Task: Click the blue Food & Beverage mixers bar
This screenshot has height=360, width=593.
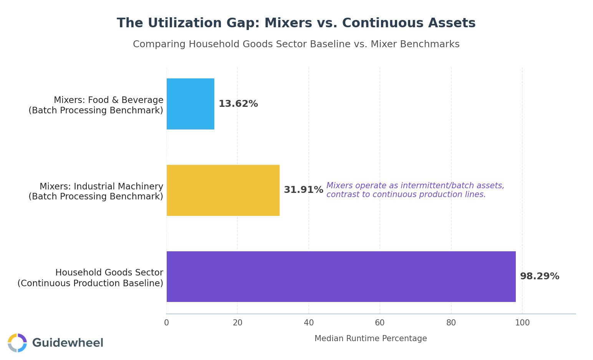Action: (x=190, y=104)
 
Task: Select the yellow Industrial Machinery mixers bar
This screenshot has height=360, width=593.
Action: (x=223, y=190)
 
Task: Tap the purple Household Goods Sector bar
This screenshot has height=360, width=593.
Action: (x=341, y=277)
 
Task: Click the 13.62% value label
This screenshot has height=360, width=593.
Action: (x=238, y=104)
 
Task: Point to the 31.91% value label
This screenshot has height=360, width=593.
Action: (x=303, y=190)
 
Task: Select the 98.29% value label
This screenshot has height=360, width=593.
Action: (x=539, y=277)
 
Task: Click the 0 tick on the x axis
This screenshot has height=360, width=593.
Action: (x=166, y=323)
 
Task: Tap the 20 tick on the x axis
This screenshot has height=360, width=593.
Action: (x=237, y=323)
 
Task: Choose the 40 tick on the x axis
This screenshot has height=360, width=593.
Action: (x=309, y=323)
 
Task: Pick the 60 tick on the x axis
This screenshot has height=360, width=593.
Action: (x=380, y=323)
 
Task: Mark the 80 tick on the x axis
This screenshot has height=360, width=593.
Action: (x=451, y=323)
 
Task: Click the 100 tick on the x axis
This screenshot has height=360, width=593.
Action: (x=522, y=323)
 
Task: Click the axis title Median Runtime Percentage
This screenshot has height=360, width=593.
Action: (x=371, y=339)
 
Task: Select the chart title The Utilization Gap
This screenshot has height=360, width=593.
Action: (x=296, y=23)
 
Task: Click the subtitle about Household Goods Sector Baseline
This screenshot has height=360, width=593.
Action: (x=296, y=45)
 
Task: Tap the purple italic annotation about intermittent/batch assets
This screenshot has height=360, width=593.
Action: (x=415, y=190)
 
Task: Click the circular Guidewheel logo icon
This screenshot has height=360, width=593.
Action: (x=17, y=343)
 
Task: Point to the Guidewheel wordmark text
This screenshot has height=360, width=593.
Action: (x=68, y=343)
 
